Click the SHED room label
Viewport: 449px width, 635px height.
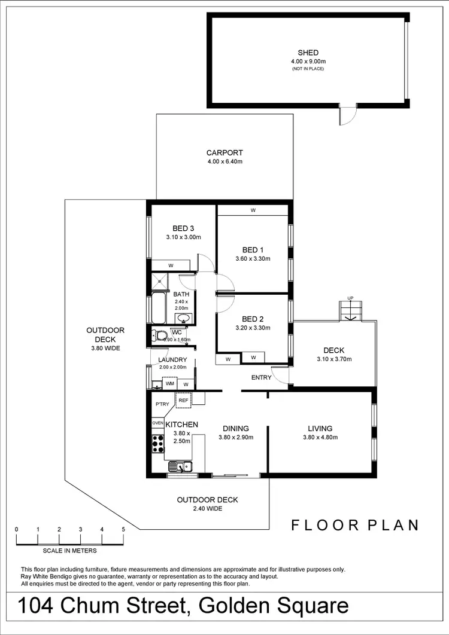click(x=308, y=53)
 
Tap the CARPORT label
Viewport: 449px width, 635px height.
click(x=224, y=152)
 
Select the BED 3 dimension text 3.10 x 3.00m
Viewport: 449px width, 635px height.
click(x=183, y=237)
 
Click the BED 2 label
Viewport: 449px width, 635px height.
click(x=253, y=319)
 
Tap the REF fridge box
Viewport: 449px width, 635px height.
click(x=183, y=400)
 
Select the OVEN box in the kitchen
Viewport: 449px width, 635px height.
click(x=157, y=423)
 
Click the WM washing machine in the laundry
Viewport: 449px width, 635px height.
click(x=169, y=383)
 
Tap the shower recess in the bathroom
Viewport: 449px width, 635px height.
click(x=160, y=282)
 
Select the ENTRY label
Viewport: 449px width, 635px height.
click(x=261, y=377)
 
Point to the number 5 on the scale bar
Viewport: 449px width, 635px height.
click(x=123, y=529)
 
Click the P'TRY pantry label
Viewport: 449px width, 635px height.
click(x=162, y=404)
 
